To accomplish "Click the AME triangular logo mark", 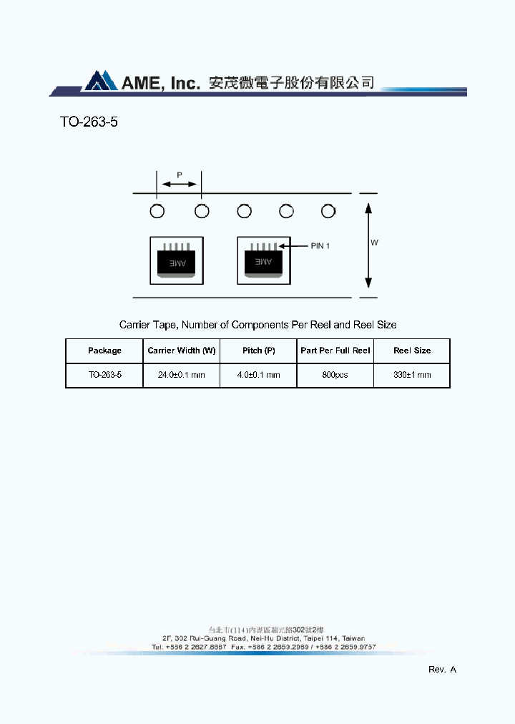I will pos(101,81).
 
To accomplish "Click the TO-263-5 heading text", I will pos(89,122).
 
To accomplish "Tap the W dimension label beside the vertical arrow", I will pos(374,243).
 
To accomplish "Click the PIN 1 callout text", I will pos(320,245).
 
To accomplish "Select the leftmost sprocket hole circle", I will pos(157,211).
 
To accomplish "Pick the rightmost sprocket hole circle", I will pos(328,211).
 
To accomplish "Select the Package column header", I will pos(104,351).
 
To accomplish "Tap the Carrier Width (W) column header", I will pos(182,351).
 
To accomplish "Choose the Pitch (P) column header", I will pos(258,351).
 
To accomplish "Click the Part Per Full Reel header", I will pos(335,351).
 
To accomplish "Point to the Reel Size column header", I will pos(412,351).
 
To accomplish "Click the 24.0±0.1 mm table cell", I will pos(182,375).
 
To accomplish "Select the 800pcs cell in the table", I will pos(335,375).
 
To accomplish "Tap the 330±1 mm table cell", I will pos(412,375).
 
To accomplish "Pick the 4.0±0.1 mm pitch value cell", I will pos(258,375).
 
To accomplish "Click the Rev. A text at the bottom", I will pos(442,670).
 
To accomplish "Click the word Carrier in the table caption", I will pos(134,325).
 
